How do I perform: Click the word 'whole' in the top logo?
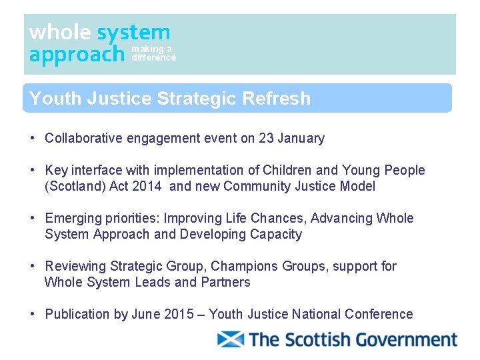60,32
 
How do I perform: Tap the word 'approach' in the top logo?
76,54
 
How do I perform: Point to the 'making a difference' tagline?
153,53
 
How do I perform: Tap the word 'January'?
301,139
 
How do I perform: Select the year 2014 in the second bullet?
146,187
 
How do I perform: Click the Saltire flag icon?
231,339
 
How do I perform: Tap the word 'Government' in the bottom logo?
406,339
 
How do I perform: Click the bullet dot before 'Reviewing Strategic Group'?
32,267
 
